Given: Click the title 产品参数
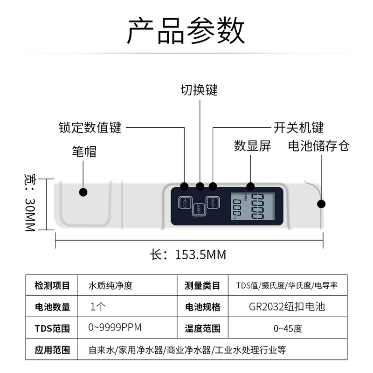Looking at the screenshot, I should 186,31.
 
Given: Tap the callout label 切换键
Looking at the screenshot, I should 199,90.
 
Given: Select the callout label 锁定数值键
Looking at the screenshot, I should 90,127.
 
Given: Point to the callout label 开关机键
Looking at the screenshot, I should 298,127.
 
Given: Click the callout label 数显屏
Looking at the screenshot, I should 252,146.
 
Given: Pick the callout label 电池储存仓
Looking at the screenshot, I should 319,146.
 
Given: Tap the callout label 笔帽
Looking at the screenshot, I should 84,152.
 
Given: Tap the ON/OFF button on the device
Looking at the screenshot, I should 213,203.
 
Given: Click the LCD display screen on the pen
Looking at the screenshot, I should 252,207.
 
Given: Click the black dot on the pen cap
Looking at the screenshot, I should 83,192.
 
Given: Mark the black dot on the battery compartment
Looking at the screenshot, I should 321,204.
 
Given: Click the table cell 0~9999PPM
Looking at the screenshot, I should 114,328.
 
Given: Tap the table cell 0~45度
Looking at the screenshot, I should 287,328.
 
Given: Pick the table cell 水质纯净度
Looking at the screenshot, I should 111,285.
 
